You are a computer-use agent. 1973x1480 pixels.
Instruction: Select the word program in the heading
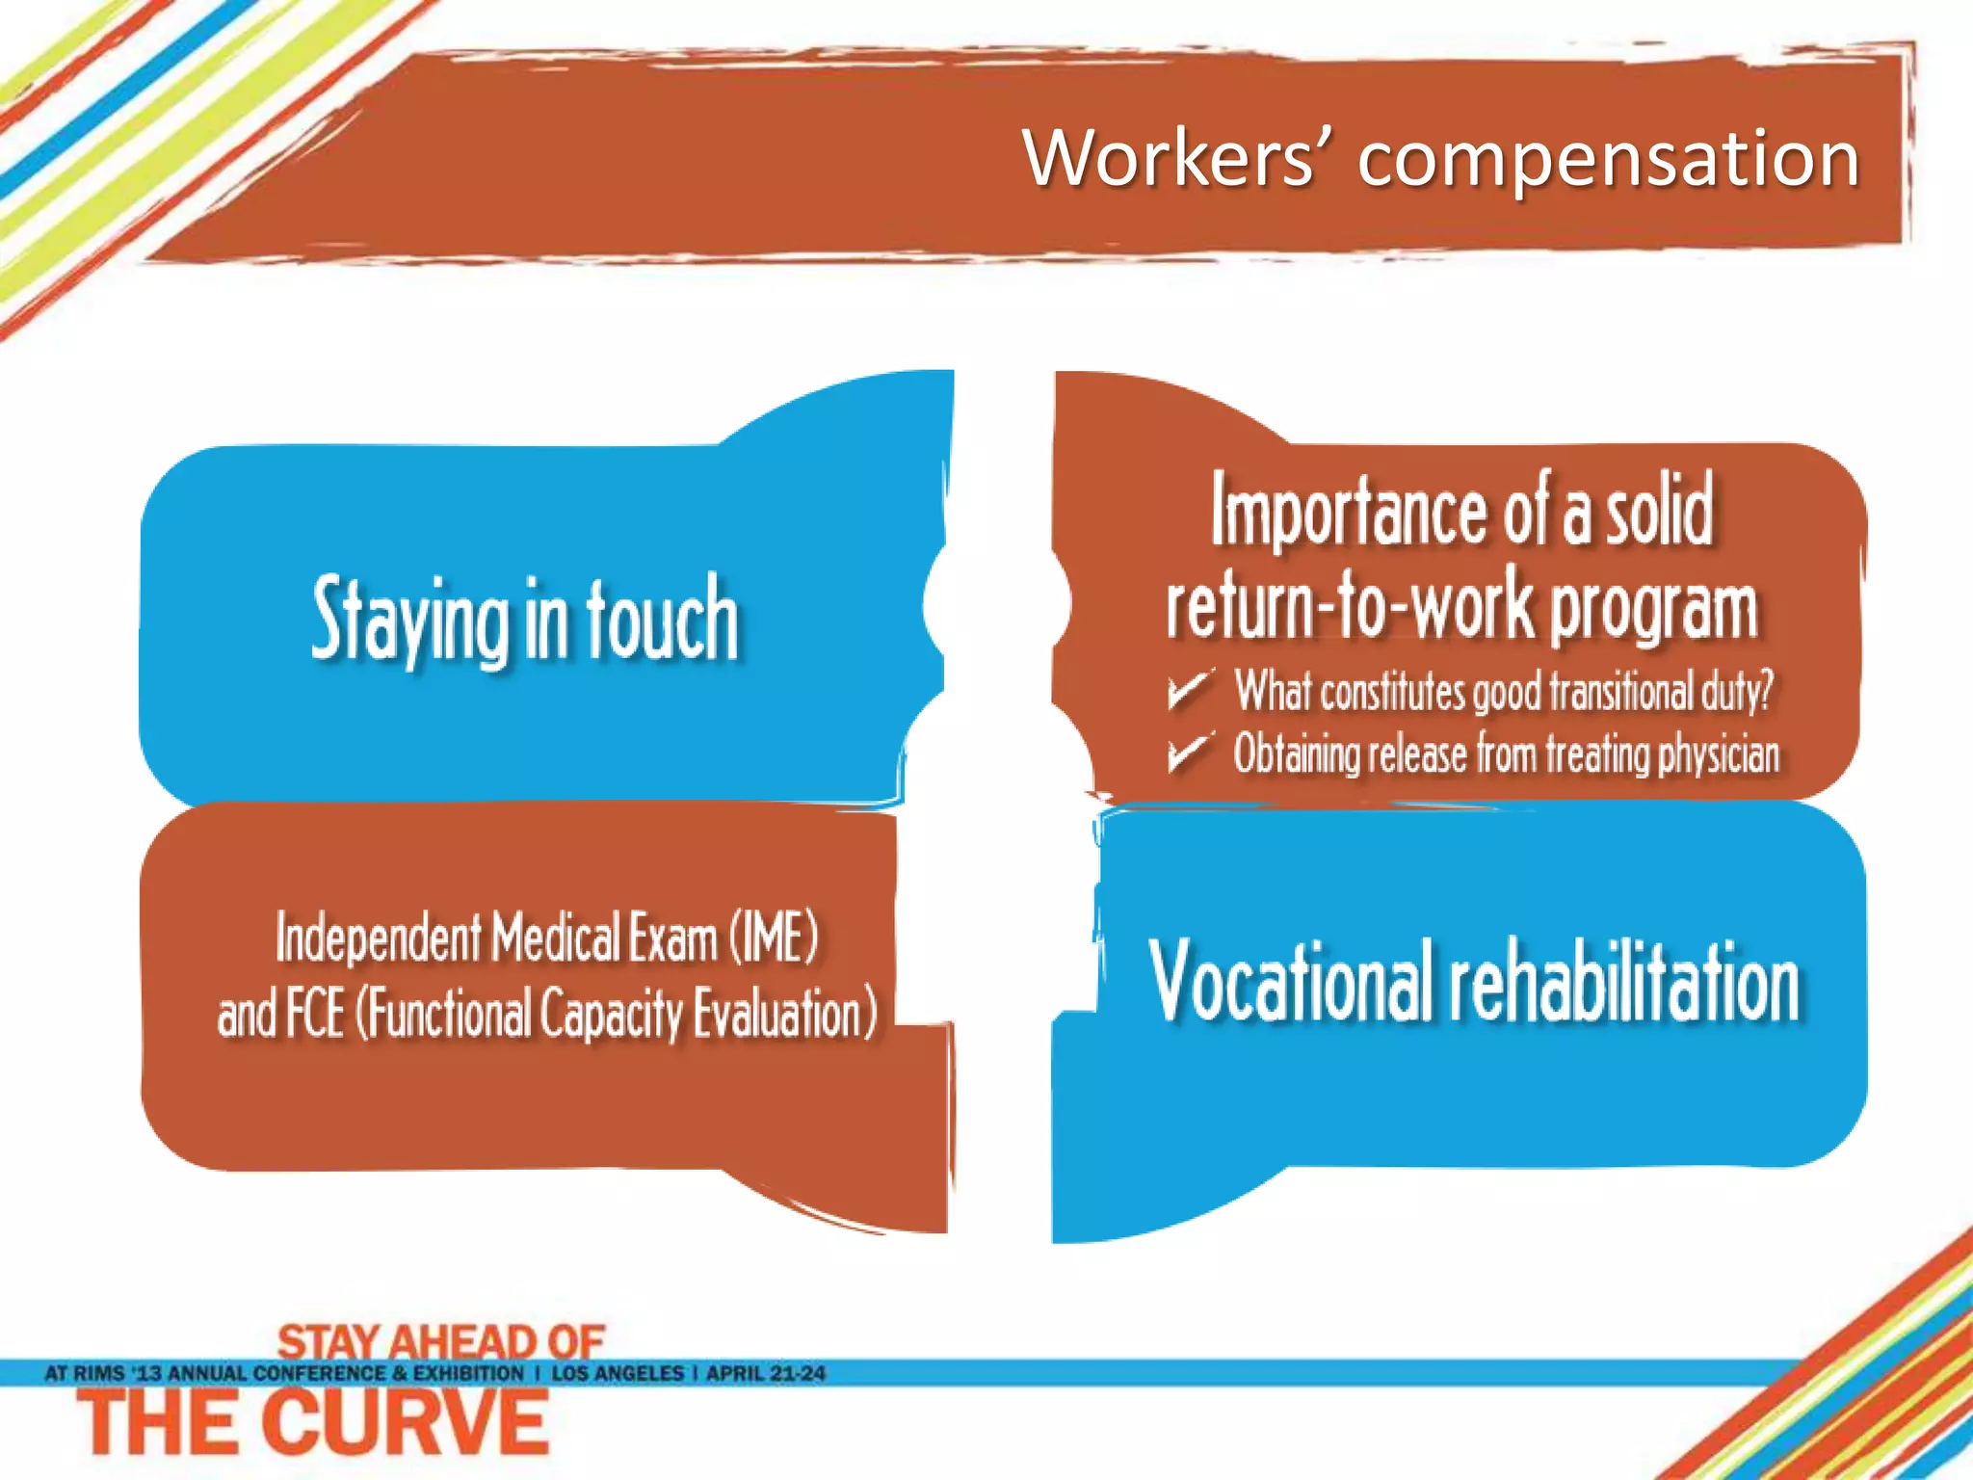[1653, 610]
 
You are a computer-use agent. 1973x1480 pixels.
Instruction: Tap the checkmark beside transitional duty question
[1188, 690]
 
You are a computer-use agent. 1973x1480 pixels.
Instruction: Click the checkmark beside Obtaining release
[1188, 753]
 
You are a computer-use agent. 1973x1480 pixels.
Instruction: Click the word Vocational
[1291, 980]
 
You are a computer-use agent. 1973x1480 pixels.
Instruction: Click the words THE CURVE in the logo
[313, 1425]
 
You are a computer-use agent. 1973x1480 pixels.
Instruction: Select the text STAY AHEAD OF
[440, 1340]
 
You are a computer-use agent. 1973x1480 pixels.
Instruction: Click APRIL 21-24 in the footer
[766, 1373]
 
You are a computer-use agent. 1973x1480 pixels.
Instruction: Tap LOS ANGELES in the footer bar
[618, 1373]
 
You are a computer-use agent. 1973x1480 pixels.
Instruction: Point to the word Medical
[556, 938]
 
